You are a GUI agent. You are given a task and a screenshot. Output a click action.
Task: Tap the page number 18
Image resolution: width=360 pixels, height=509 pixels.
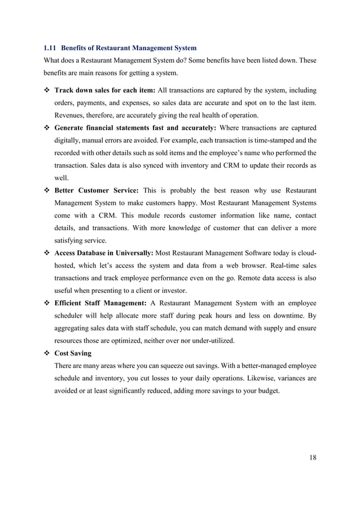coord(313,457)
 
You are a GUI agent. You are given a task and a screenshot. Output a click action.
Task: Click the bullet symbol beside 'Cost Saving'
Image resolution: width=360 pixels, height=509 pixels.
coord(47,353)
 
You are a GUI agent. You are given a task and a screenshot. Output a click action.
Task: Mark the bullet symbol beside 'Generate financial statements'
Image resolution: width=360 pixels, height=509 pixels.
coord(47,128)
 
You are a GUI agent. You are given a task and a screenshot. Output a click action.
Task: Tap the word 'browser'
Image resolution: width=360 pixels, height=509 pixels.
coord(251,265)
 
